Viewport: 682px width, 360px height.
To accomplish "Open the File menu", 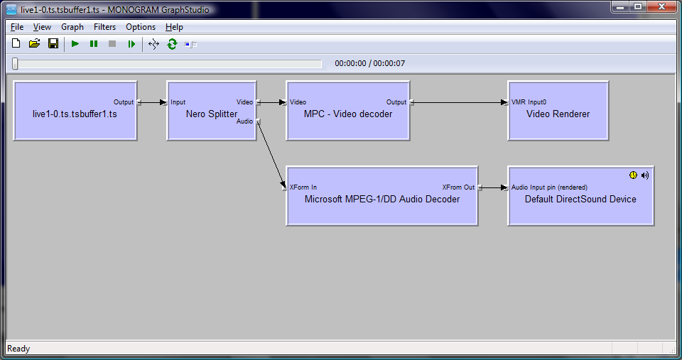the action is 17,27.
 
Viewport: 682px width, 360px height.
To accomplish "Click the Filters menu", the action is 105,27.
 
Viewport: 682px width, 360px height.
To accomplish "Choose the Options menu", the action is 141,27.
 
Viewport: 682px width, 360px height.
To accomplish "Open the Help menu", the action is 175,27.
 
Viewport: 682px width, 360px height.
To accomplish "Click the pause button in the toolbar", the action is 94,44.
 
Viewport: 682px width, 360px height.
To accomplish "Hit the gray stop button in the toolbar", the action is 112,44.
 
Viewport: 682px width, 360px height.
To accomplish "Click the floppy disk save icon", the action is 53,43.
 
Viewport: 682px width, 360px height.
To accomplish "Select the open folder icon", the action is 34,43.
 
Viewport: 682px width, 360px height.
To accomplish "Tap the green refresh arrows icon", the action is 172,44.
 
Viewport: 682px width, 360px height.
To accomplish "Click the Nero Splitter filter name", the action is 212,114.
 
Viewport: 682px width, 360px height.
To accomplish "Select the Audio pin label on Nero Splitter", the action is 244,121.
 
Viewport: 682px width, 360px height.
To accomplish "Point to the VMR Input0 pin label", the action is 529,102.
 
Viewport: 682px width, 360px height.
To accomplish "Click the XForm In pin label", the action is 303,187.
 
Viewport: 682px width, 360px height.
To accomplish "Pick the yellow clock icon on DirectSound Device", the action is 633,175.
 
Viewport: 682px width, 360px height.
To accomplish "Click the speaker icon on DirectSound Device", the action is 645,175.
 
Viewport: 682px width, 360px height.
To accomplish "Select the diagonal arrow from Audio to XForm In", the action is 271,154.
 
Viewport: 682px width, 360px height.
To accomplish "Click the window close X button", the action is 661,6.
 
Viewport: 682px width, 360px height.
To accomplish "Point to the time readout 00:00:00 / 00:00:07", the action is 369,63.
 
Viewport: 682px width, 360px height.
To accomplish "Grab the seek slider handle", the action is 15,63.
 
